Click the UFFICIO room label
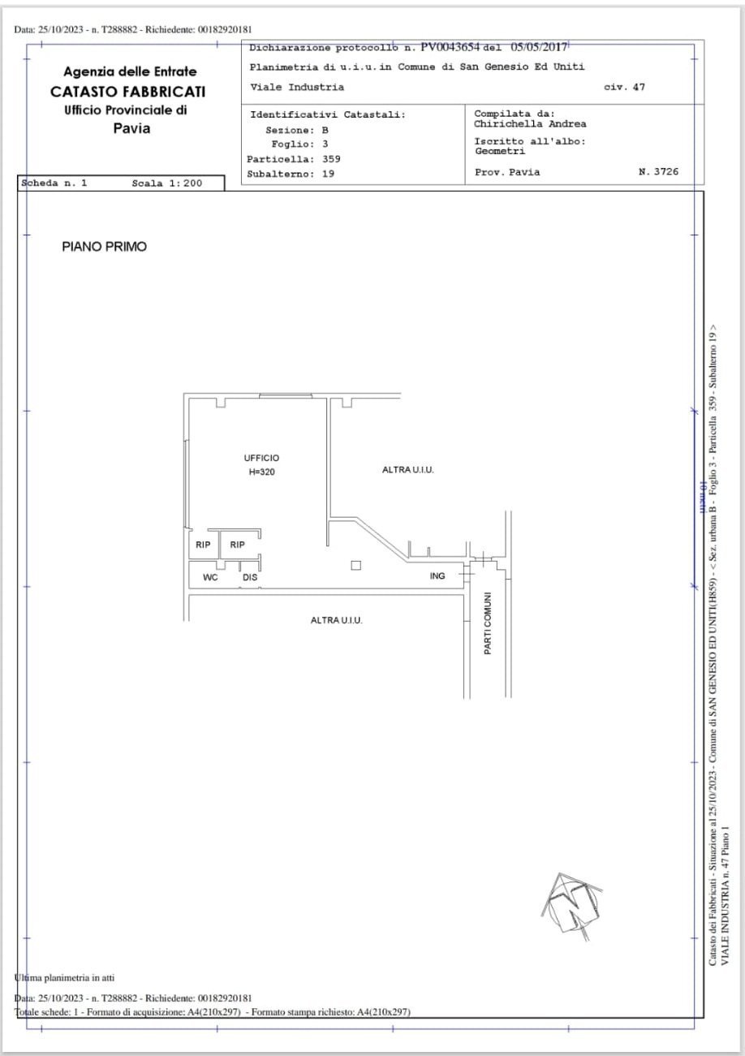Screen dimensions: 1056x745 pos(261,458)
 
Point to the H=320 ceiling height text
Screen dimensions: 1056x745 pos(261,472)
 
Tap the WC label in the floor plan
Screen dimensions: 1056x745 pos(210,578)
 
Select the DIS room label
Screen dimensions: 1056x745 pos(249,578)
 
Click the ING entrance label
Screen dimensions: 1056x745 pos(437,575)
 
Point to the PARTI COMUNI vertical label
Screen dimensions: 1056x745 pos(488,623)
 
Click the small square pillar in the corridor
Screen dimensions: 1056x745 pos(355,566)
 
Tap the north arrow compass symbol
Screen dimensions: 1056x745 pos(571,906)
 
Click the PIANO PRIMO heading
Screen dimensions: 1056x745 pos(105,247)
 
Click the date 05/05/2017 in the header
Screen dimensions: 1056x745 pos(539,47)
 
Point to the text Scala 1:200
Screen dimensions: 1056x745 pos(166,183)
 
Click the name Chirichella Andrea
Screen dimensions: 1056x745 pos(530,124)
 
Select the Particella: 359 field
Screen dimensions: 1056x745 pos(293,159)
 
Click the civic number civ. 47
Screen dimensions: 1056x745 pos(625,87)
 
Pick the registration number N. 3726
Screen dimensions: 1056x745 pos(659,172)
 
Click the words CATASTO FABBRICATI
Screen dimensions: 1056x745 pos(127,91)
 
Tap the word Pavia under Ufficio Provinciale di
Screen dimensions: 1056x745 pos(131,128)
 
